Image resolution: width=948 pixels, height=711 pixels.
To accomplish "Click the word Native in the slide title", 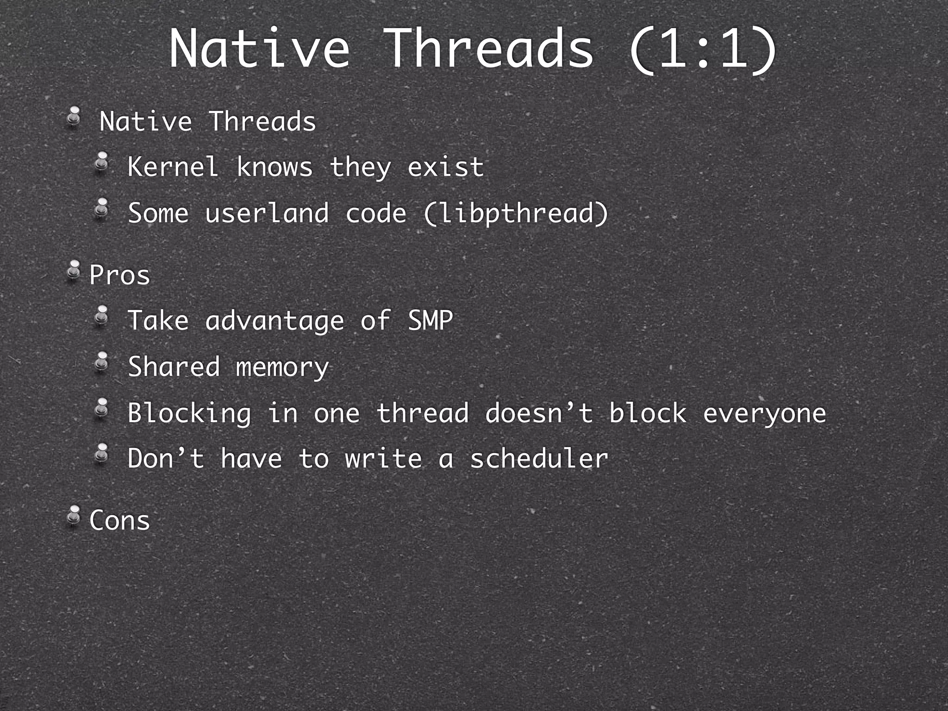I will click(x=259, y=49).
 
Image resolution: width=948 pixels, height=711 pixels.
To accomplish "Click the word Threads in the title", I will click(x=488, y=49).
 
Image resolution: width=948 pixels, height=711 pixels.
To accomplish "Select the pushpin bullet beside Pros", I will click(x=73, y=271).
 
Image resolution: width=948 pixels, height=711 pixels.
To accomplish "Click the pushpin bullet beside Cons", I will click(x=73, y=516).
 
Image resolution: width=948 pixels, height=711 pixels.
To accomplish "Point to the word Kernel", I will click(x=173, y=167).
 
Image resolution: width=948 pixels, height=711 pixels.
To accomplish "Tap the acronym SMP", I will click(x=430, y=320).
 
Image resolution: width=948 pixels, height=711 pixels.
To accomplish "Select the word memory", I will click(x=282, y=368).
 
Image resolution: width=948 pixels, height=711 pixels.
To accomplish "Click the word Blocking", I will click(x=189, y=413).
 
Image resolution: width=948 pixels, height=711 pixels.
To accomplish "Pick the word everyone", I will click(x=764, y=413).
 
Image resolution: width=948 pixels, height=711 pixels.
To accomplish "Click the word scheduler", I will click(x=539, y=459).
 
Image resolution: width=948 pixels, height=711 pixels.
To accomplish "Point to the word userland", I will click(x=267, y=213).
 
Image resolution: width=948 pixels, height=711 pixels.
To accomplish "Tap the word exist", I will click(x=445, y=167).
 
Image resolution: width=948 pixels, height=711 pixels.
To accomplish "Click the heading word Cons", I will click(x=120, y=520).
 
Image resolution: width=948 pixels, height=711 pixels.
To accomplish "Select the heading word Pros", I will click(x=120, y=275).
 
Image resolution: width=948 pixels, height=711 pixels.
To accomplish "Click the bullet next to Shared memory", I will click(x=101, y=362).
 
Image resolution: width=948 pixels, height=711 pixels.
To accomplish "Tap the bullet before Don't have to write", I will click(x=101, y=453).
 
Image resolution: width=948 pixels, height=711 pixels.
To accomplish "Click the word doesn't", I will click(x=539, y=412).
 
